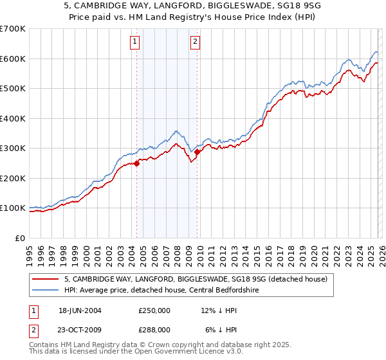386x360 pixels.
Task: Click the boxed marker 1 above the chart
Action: coord(135,42)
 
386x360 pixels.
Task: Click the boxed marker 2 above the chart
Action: coord(194,42)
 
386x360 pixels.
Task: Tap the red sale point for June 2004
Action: coord(137,163)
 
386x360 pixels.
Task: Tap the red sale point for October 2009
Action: coord(198,152)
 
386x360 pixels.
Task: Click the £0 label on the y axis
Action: coord(21,238)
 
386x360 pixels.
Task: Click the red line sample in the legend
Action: coord(46,279)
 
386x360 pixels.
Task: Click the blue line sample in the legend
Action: coord(46,290)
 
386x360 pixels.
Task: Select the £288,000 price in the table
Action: coord(154,329)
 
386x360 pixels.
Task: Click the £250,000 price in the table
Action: coord(154,310)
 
